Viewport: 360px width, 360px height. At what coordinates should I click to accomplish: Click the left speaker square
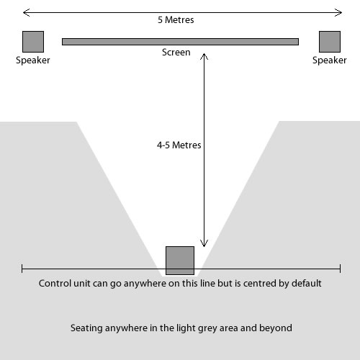point(33,42)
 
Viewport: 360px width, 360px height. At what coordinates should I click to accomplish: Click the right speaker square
point(330,42)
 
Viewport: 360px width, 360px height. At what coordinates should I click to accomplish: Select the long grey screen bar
point(180,42)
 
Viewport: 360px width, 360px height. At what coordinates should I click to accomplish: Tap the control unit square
point(180,261)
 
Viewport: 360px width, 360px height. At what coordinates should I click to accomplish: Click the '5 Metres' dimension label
point(176,20)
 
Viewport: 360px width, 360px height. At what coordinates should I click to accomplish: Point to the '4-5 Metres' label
point(179,145)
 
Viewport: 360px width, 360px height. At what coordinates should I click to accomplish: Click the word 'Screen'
point(176,53)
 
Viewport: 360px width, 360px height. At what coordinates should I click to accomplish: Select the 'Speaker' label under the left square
point(33,60)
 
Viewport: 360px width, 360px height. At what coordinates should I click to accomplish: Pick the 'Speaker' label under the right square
point(330,60)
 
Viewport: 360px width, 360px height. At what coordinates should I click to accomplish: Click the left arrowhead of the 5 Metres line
point(23,13)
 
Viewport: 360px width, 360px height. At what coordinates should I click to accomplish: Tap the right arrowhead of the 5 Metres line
point(341,13)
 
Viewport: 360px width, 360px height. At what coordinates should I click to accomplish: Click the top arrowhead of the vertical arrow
point(204,54)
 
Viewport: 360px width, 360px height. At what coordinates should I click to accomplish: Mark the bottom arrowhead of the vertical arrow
point(204,246)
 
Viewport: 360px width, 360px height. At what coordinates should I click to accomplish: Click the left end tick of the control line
point(22,269)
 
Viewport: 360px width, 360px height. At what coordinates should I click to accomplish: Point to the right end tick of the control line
point(341,269)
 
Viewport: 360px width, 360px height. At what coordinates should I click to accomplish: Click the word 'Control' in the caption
point(55,284)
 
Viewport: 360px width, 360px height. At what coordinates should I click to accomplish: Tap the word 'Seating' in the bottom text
point(86,328)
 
